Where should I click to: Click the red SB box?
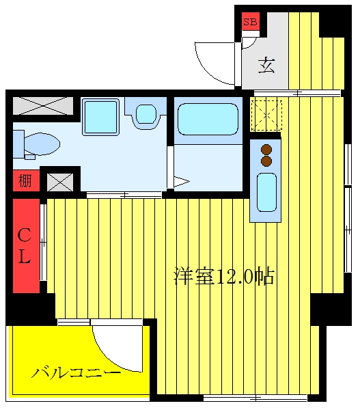(x=251, y=21)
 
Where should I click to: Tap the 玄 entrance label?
(x=266, y=65)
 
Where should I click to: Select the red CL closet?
(x=26, y=246)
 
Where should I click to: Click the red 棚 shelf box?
(x=26, y=180)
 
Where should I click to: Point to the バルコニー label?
(x=77, y=372)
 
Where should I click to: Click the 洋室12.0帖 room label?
(x=224, y=276)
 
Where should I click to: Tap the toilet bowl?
(x=42, y=143)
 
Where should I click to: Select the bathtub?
(x=208, y=119)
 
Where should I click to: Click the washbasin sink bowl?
(x=146, y=114)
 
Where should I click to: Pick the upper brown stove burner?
(x=266, y=150)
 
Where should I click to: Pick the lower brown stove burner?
(x=266, y=161)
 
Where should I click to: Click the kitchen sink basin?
(x=266, y=192)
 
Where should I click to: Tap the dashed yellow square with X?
(x=266, y=115)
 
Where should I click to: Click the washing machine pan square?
(x=100, y=117)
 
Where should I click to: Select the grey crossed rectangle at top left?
(x=43, y=106)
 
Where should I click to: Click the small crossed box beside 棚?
(x=60, y=182)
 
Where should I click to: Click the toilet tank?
(x=18, y=144)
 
